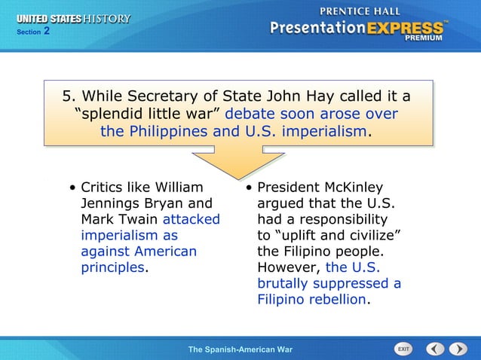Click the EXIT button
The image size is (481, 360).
[x=404, y=349]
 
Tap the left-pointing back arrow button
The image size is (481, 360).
[x=435, y=349]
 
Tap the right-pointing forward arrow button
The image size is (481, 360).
[x=458, y=349]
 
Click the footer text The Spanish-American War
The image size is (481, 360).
[x=240, y=350]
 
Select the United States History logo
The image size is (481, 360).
[x=73, y=19]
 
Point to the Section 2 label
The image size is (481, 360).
[x=34, y=32]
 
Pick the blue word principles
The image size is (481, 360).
[x=112, y=267]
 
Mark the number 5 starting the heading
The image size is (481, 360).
[x=66, y=96]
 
